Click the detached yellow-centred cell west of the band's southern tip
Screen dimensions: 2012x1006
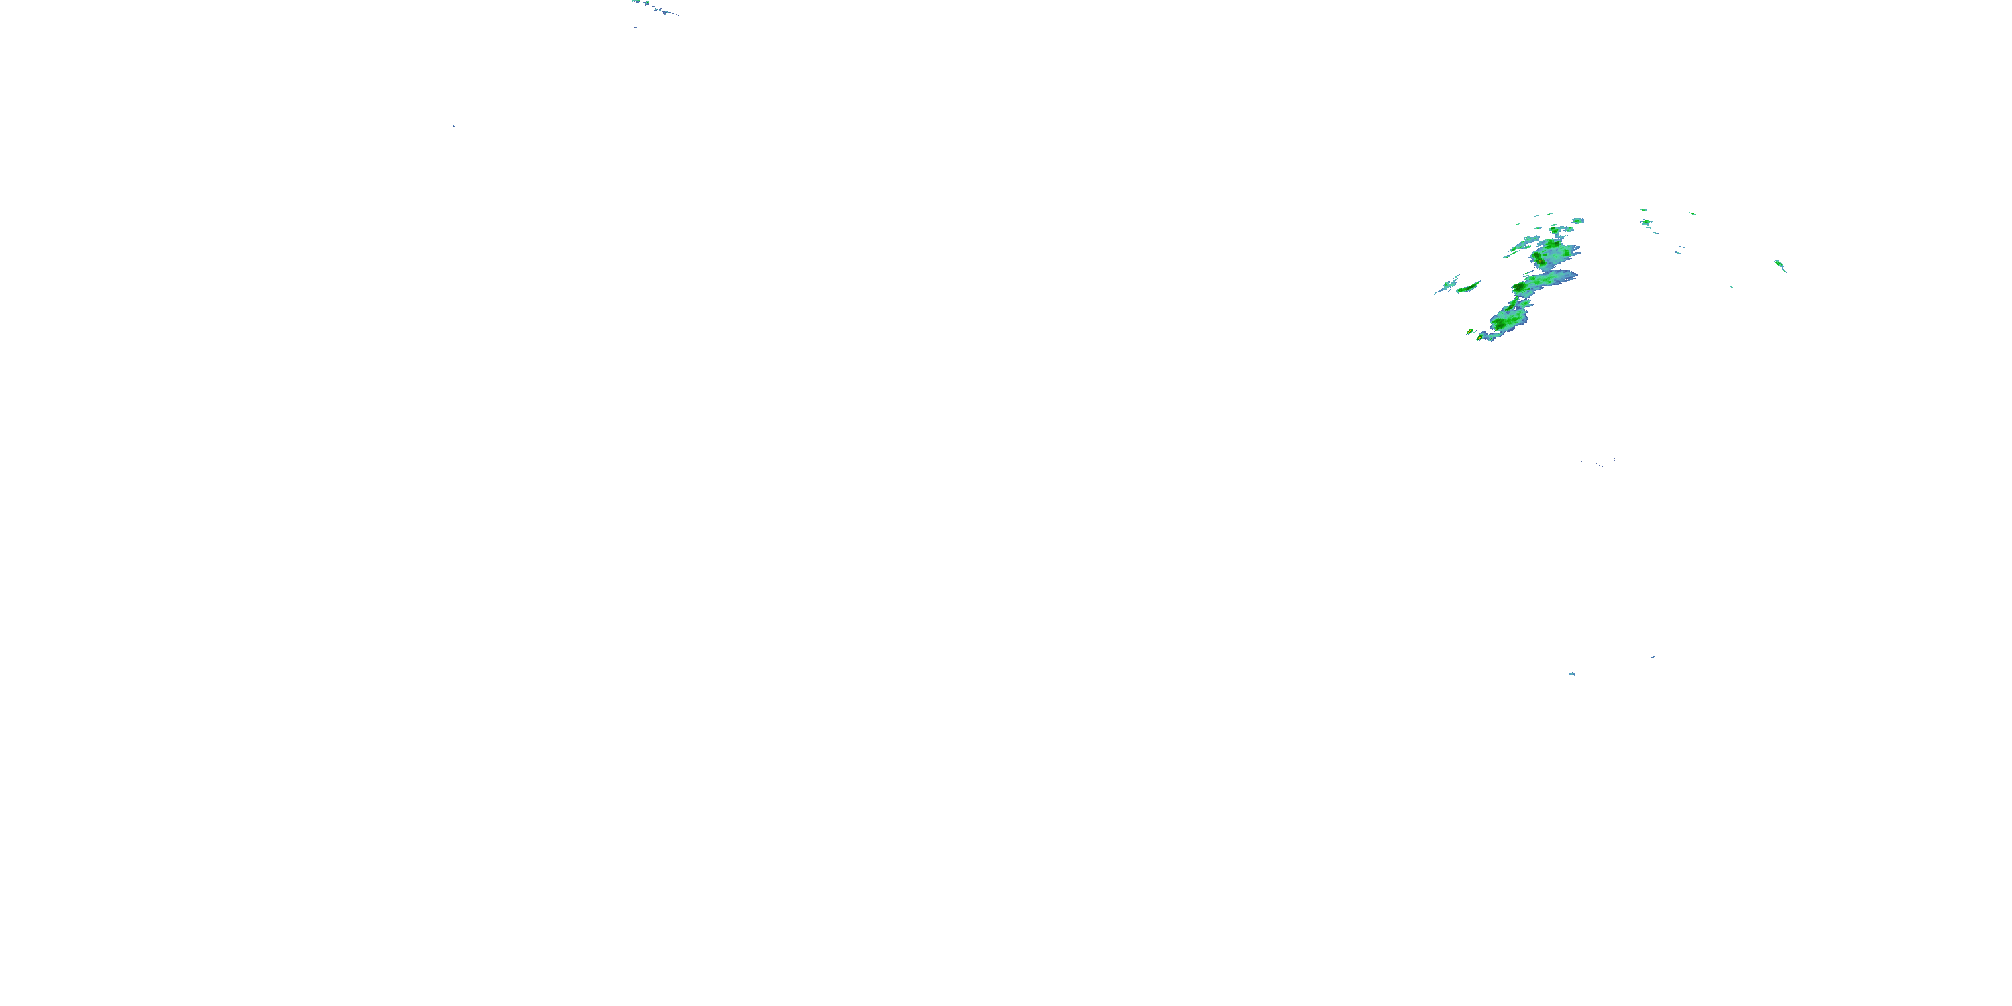[x=1471, y=332]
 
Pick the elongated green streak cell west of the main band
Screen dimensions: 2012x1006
[x=1468, y=288]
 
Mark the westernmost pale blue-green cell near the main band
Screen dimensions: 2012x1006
[x=1449, y=285]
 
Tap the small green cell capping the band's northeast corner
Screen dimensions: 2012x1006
[x=1577, y=221]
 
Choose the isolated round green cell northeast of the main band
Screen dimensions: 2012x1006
[x=1646, y=223]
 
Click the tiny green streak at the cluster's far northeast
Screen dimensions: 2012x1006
[x=1692, y=213]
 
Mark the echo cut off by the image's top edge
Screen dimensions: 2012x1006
[x=636, y=1]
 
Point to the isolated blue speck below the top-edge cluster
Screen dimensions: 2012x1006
[x=635, y=27]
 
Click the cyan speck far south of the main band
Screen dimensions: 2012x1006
[x=1572, y=674]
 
